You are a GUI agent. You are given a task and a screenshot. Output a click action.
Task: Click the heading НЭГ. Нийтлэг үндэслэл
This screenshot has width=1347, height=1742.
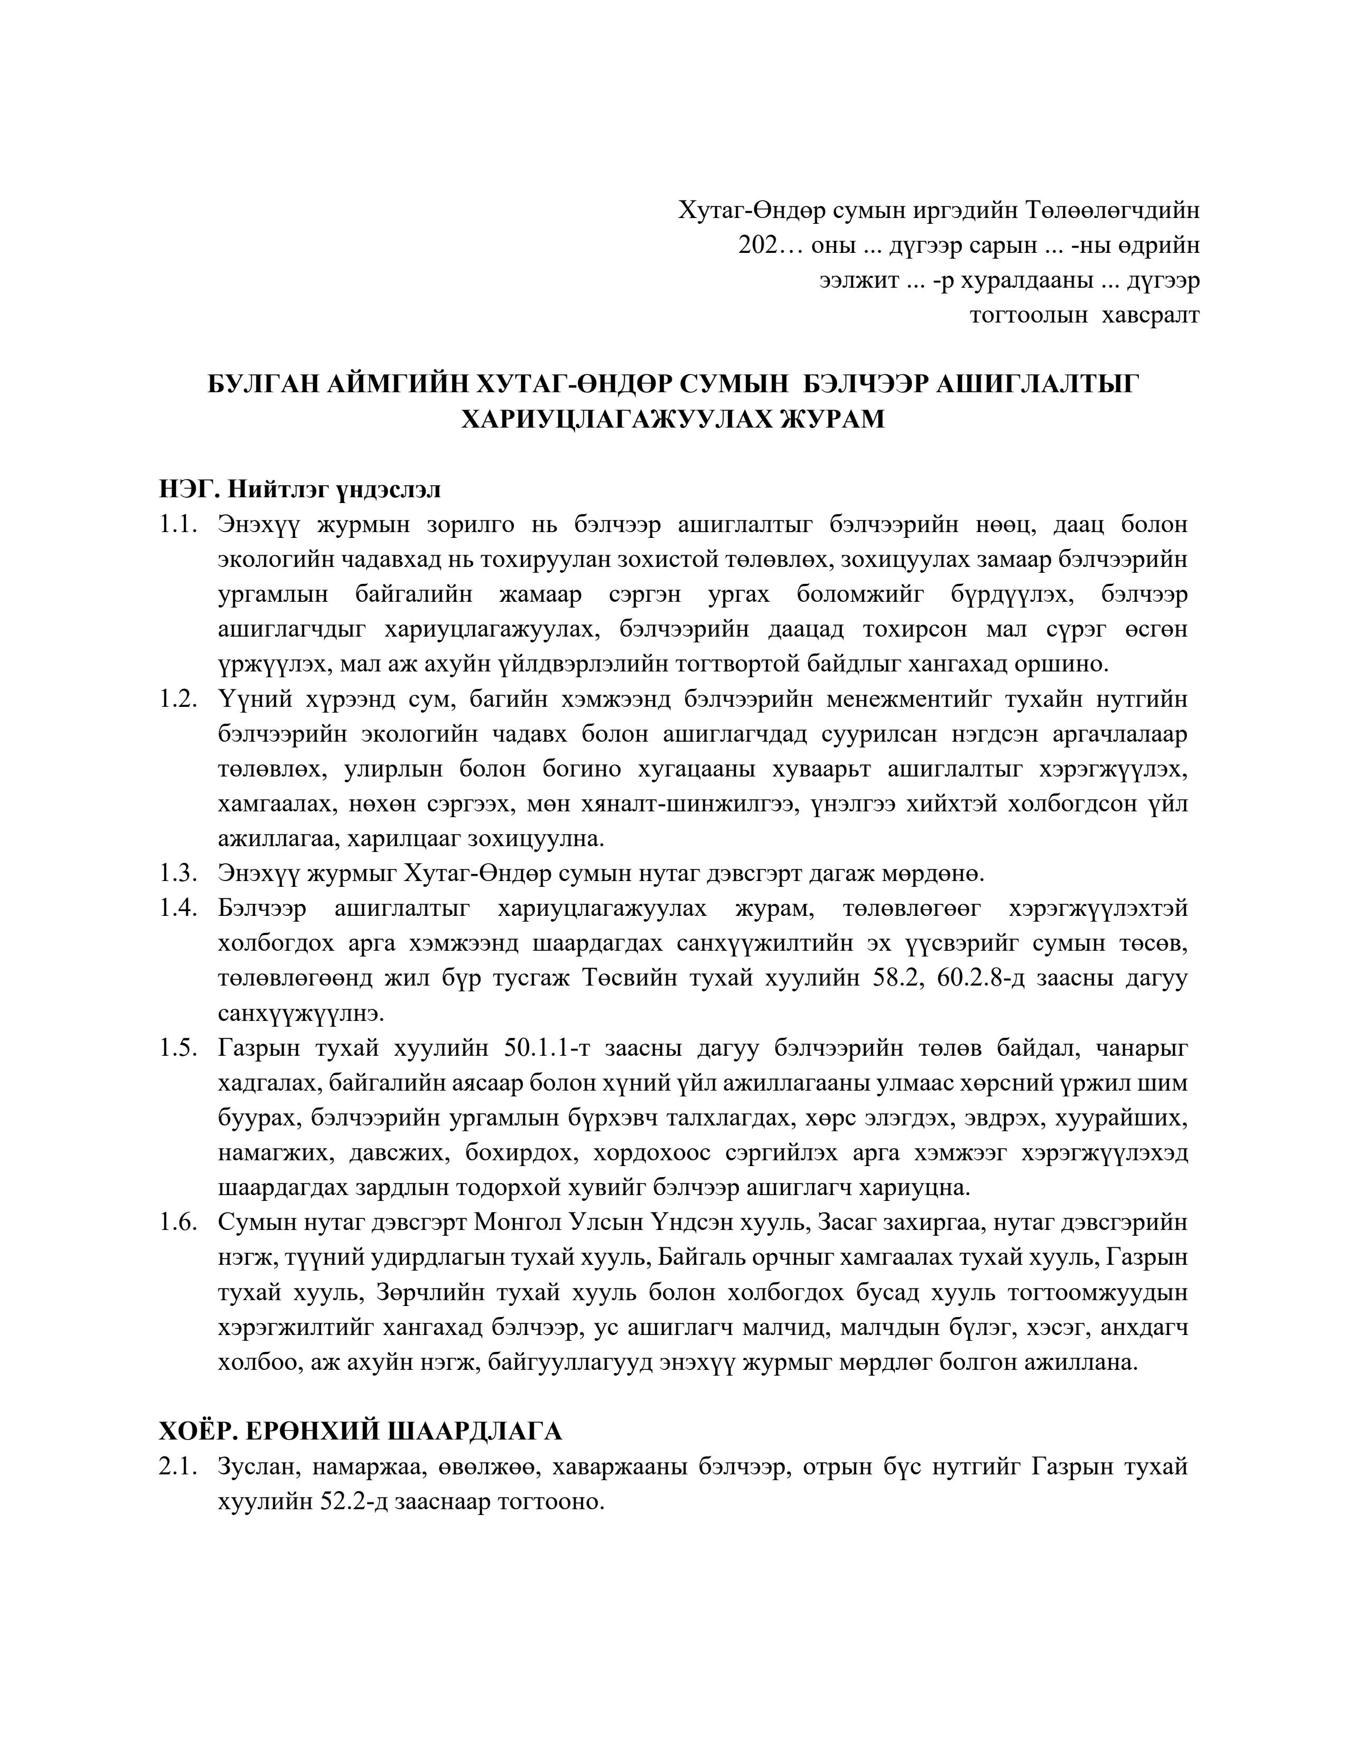tap(299, 489)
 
